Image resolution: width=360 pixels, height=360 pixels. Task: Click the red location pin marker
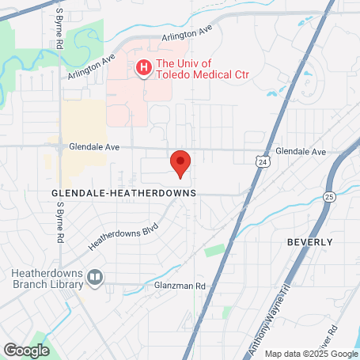pyautogui.click(x=181, y=163)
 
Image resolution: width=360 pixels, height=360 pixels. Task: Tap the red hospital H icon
pyautogui.click(x=143, y=69)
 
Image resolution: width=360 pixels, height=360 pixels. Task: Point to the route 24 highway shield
pyautogui.click(x=261, y=161)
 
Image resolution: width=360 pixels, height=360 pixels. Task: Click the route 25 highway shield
pyautogui.click(x=329, y=195)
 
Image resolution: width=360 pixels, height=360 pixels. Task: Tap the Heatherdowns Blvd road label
pyautogui.click(x=123, y=236)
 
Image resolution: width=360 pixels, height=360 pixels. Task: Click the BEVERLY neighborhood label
pyautogui.click(x=309, y=241)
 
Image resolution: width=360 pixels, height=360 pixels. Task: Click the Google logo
pyautogui.click(x=26, y=349)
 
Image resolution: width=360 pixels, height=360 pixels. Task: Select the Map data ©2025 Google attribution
pyautogui.click(x=310, y=354)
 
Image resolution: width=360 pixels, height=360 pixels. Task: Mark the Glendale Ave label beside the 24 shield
pyautogui.click(x=300, y=151)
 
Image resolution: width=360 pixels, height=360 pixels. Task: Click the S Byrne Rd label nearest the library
pyautogui.click(x=59, y=222)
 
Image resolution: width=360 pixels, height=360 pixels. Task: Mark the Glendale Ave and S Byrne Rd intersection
pyautogui.click(x=60, y=147)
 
